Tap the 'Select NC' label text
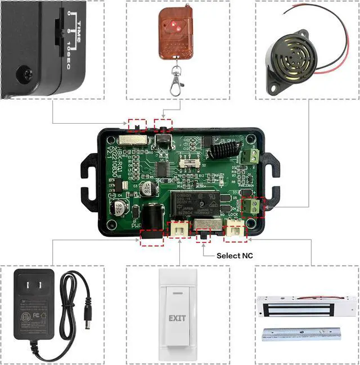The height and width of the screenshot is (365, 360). click(235, 255)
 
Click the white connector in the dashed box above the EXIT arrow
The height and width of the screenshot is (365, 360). click(180, 229)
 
